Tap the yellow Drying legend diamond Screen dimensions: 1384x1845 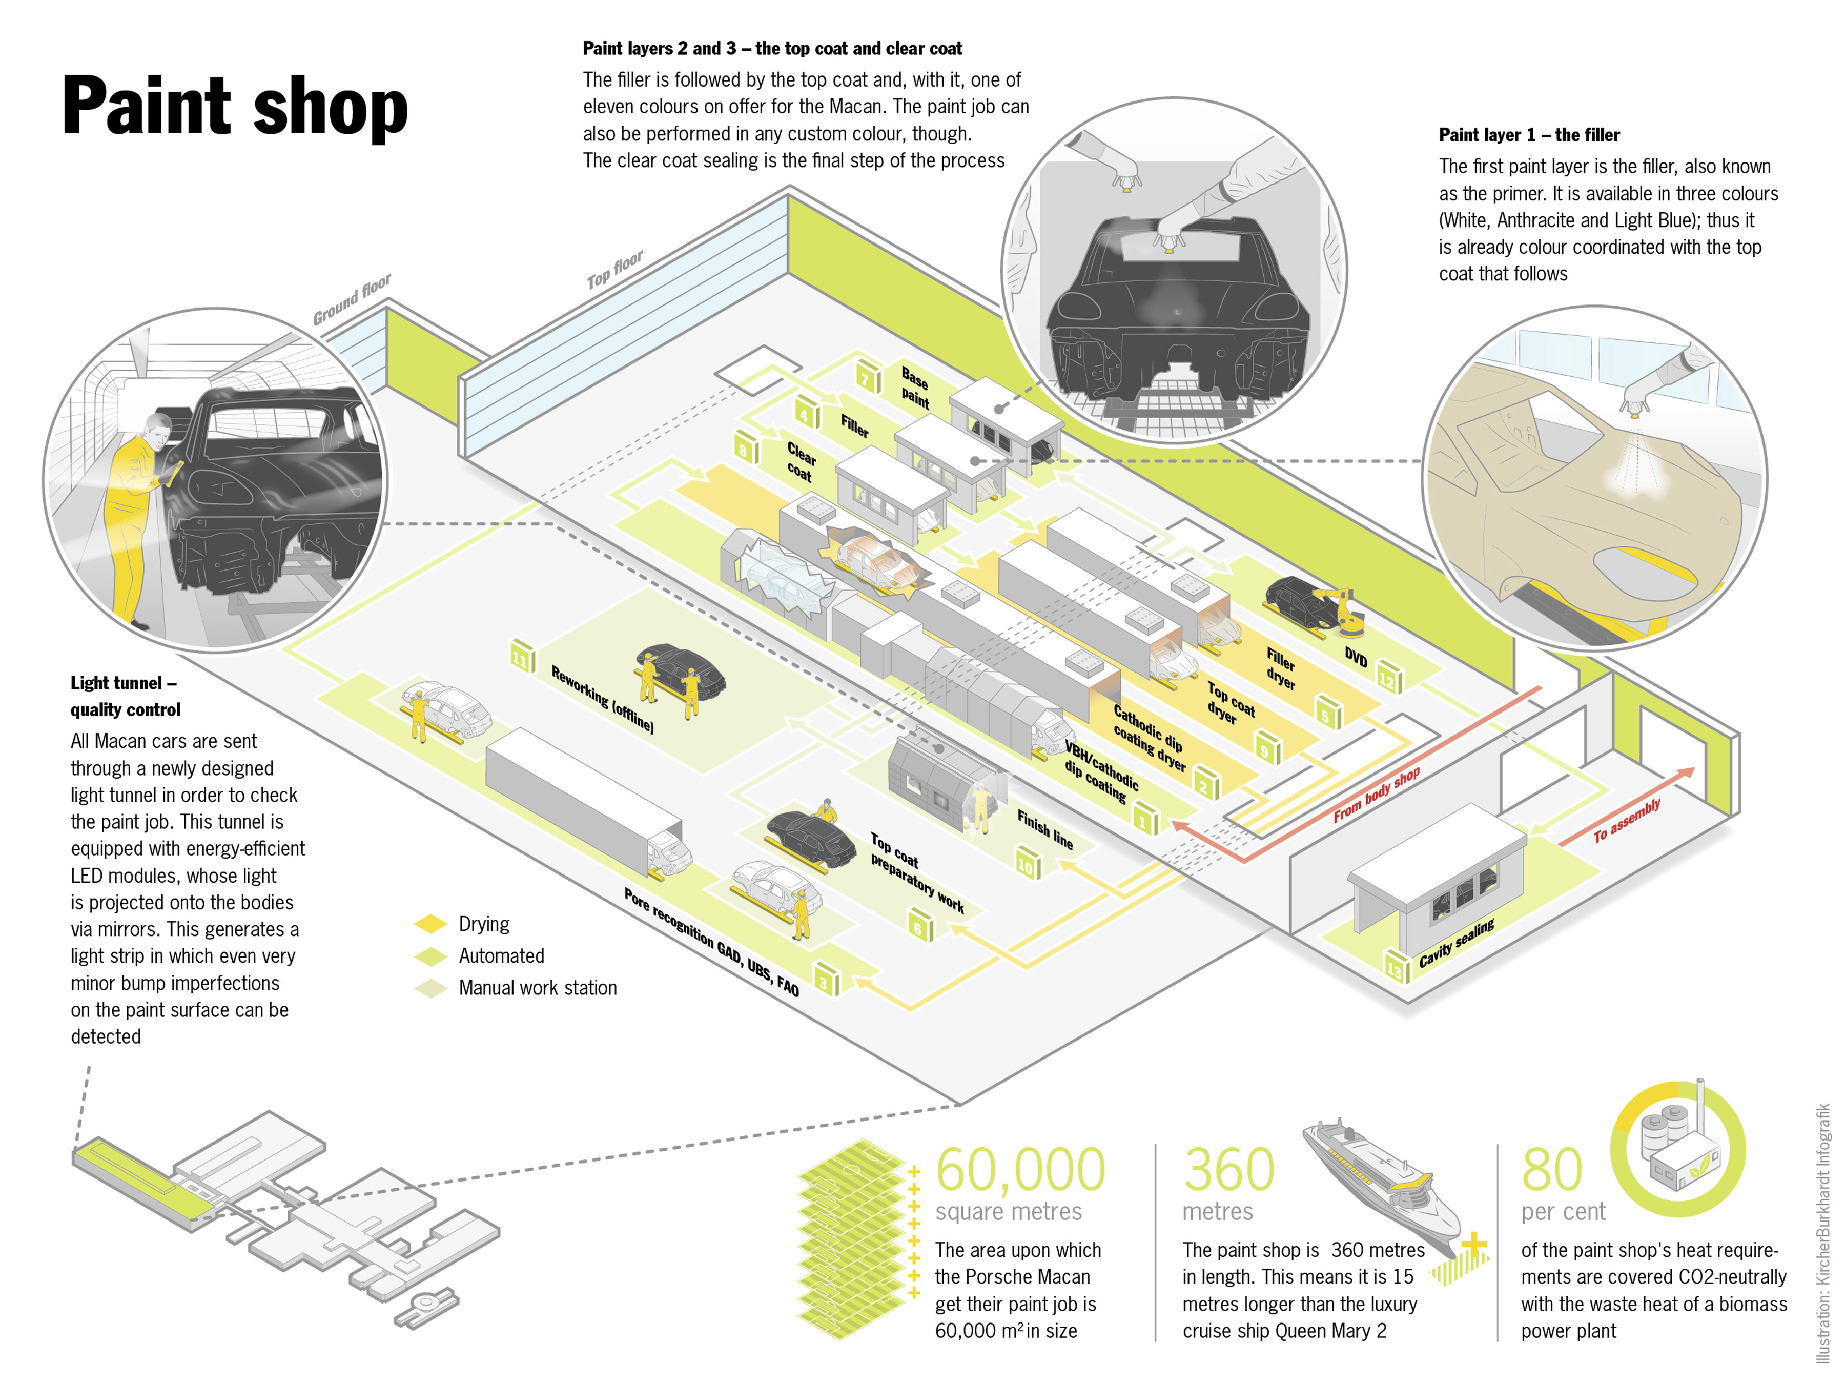(x=430, y=924)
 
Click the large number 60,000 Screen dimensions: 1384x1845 (x=1020, y=1170)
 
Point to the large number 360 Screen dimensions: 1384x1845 (x=1228, y=1170)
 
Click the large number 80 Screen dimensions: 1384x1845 (x=1551, y=1170)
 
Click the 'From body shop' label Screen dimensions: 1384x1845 (x=1376, y=795)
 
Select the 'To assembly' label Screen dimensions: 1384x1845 (x=1627, y=820)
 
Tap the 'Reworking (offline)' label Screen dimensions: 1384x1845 (x=602, y=699)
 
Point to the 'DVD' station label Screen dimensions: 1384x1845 (x=1356, y=657)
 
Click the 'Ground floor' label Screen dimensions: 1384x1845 (x=351, y=299)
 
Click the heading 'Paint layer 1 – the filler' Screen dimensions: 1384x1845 (x=1528, y=135)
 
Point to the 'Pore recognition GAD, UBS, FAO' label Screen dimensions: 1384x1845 (x=711, y=942)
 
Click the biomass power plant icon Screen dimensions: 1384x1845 (x=1676, y=1147)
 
